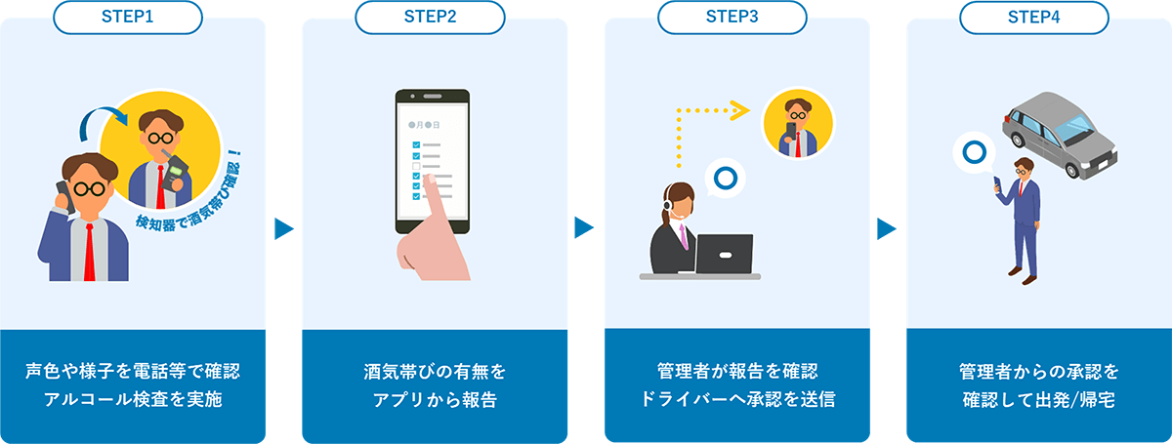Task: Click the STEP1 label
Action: point(133,16)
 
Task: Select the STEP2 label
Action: point(435,16)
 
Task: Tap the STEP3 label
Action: point(737,16)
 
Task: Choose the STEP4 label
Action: point(1039,16)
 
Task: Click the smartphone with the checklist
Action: point(432,161)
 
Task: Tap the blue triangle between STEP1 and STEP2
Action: point(283,229)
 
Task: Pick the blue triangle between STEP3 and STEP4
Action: point(887,229)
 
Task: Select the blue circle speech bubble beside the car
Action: point(973,153)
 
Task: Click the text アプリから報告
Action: point(435,399)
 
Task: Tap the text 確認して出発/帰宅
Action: point(1038,399)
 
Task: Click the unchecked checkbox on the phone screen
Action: point(417,166)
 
